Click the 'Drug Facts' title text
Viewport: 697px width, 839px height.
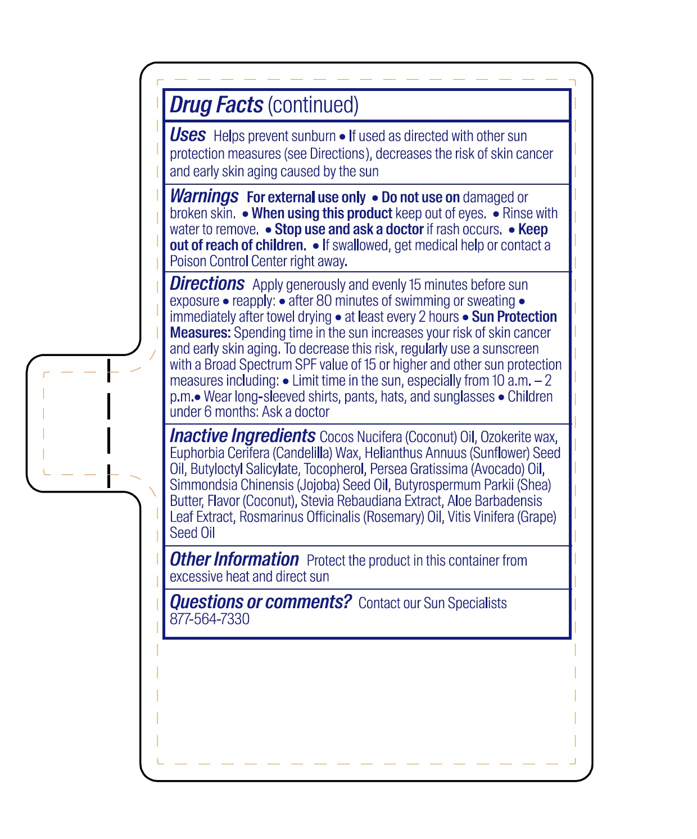tap(216, 105)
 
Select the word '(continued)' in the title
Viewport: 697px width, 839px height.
tap(313, 105)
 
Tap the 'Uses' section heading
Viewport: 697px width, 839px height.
tap(188, 135)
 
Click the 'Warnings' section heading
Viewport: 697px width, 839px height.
tap(204, 196)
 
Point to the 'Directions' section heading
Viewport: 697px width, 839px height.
tap(207, 284)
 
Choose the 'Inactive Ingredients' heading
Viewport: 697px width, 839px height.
tap(242, 436)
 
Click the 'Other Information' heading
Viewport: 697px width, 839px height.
tap(234, 559)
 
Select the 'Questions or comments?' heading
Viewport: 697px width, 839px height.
tap(260, 602)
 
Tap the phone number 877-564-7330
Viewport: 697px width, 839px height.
tap(210, 619)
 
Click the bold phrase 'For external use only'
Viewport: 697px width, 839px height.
tap(306, 198)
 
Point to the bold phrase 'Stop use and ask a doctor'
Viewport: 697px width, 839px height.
tap(348, 230)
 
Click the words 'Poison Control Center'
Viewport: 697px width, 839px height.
tap(228, 262)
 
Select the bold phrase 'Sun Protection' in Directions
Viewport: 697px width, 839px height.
tap(514, 317)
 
